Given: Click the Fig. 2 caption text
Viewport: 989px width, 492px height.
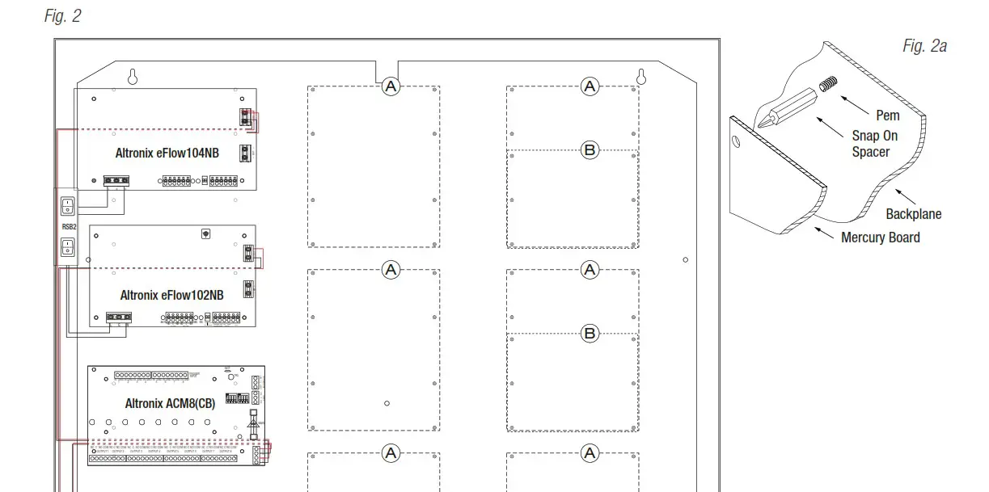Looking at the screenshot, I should (x=62, y=16).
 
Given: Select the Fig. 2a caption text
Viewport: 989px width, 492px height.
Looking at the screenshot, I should (x=924, y=46).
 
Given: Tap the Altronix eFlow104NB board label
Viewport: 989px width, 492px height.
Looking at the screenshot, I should (x=167, y=153).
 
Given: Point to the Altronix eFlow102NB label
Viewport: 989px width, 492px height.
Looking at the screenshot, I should (x=171, y=295).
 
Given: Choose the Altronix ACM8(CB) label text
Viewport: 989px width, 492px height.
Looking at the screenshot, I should (x=170, y=403).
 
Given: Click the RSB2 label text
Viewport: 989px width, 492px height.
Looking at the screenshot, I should (x=69, y=227).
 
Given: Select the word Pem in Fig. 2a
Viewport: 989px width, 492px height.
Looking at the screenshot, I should (x=887, y=116).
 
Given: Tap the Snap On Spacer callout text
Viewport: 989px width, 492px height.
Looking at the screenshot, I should (x=874, y=144).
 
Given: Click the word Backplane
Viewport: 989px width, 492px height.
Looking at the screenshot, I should (x=913, y=214).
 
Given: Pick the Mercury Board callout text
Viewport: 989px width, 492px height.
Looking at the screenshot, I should (x=880, y=238).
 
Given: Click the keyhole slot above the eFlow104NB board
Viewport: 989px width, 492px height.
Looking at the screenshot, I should (x=133, y=76).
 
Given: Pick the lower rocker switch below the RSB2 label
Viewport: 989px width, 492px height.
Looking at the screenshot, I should (x=69, y=246).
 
